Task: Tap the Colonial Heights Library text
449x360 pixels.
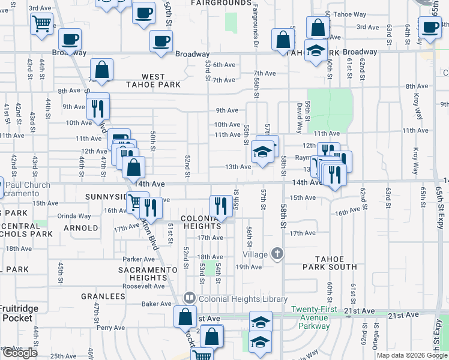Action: pos(243,299)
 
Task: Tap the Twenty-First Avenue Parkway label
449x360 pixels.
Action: pos(310,317)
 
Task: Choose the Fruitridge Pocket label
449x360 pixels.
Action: pos(16,314)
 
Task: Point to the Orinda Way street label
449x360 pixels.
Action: pos(74,216)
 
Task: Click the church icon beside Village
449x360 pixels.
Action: pos(277,254)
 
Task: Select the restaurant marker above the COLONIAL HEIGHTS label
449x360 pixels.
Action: pos(221,206)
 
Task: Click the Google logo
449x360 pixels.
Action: pos(20,353)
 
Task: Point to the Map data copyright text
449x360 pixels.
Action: pos(411,355)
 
